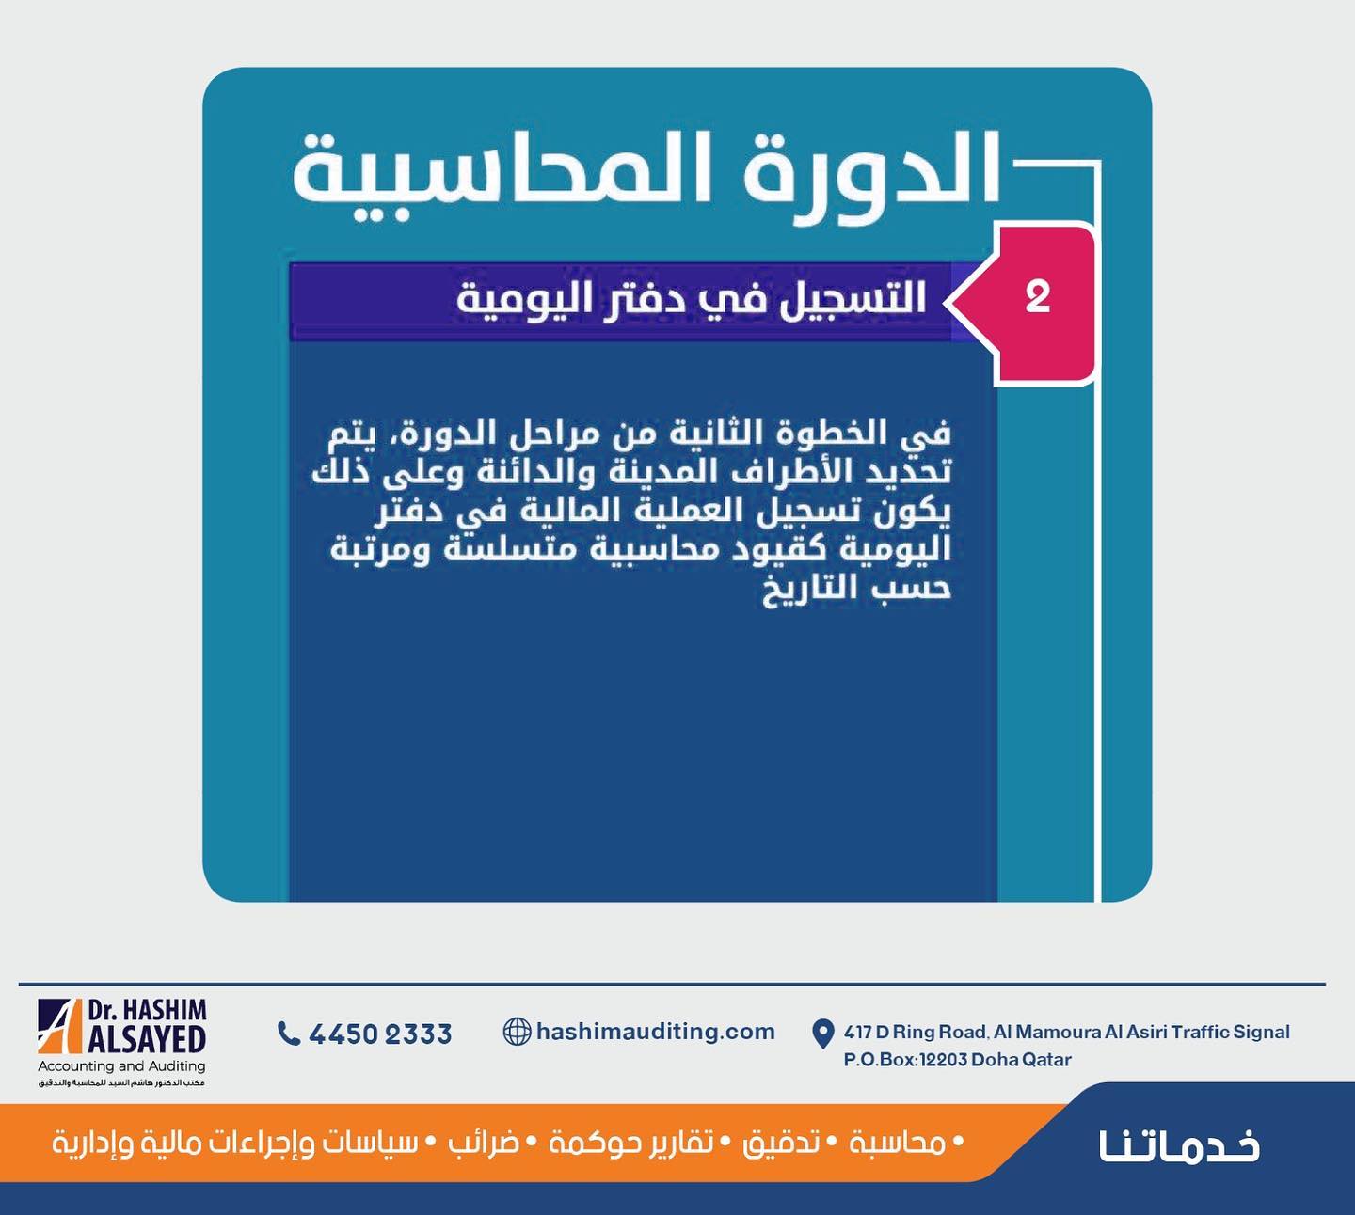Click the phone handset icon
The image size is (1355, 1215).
click(288, 1033)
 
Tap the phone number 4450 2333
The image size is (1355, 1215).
click(380, 1034)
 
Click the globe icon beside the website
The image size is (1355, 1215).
click(517, 1032)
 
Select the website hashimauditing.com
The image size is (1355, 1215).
click(656, 1032)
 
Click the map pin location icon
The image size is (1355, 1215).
click(822, 1034)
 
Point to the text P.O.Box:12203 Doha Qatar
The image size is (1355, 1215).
click(957, 1060)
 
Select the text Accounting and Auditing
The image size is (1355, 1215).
click(121, 1066)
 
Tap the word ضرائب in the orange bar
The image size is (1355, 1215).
click(492, 1144)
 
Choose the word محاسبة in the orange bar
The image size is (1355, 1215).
click(898, 1144)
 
